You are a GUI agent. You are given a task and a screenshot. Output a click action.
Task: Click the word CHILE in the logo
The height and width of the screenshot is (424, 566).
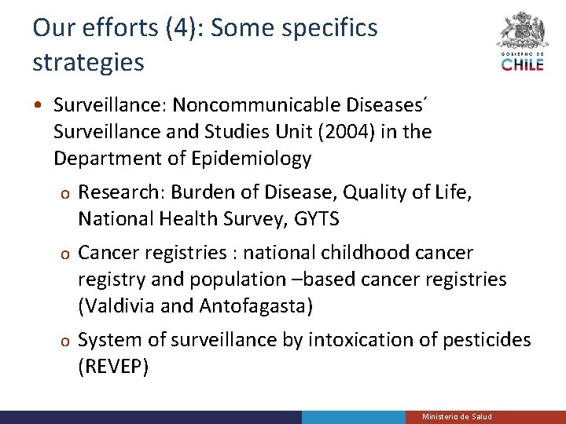[522, 64]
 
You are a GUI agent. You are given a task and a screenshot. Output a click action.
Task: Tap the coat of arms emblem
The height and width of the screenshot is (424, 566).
[522, 31]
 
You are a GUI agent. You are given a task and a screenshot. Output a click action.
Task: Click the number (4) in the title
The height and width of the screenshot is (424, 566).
[182, 28]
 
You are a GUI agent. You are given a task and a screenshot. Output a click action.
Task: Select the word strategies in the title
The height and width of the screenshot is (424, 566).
[88, 62]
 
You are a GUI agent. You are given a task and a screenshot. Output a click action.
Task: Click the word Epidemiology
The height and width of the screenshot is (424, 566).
[251, 159]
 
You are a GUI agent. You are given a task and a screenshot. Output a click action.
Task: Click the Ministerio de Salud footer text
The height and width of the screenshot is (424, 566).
[457, 416]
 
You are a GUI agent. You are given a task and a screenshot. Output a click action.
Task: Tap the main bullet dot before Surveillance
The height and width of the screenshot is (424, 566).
[38, 105]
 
